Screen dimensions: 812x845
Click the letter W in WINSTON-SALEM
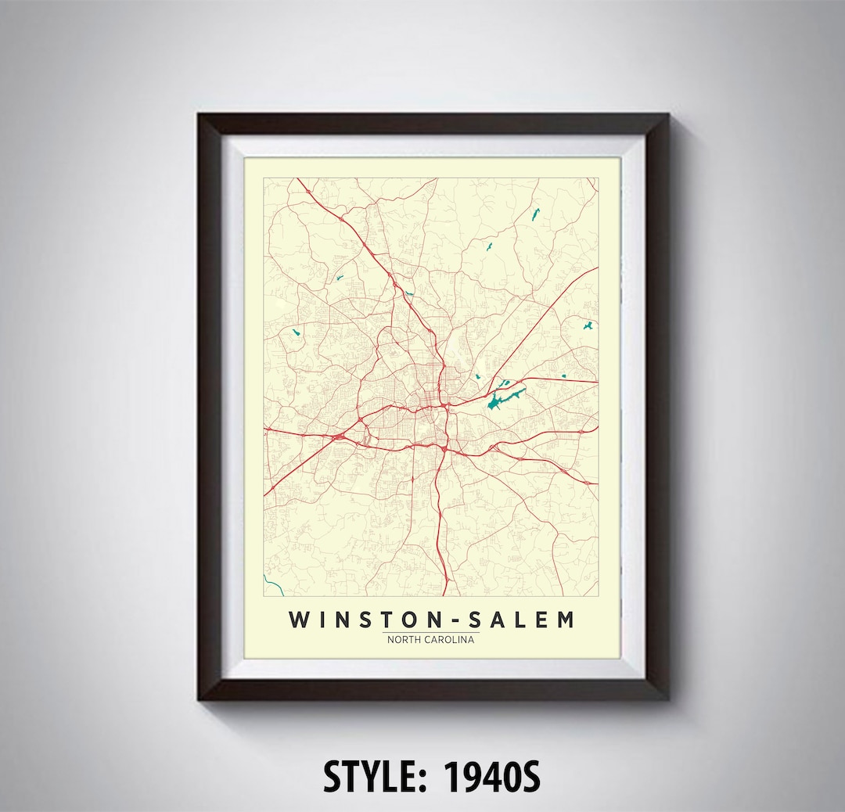pyautogui.click(x=300, y=620)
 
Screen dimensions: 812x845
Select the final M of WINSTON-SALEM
pyautogui.click(x=565, y=620)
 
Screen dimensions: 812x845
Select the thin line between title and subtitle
pyautogui.click(x=431, y=631)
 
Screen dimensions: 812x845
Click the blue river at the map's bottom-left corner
pyautogui.click(x=271, y=582)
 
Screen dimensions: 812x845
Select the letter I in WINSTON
pyautogui.click(x=321, y=620)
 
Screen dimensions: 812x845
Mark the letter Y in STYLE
pyautogui.click(x=366, y=776)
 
